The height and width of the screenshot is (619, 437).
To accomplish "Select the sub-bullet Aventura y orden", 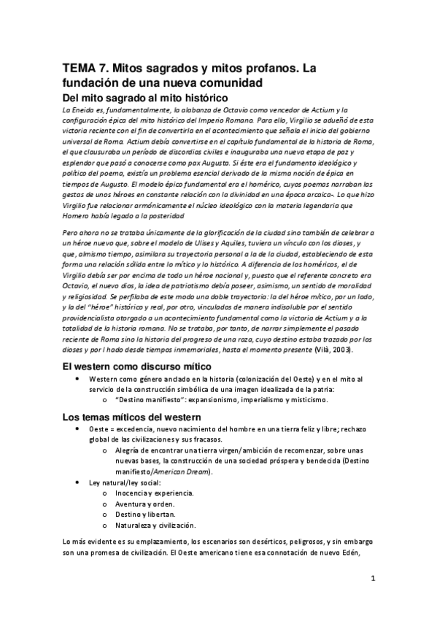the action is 142,504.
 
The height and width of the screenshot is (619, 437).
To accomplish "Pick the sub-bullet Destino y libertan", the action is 145,515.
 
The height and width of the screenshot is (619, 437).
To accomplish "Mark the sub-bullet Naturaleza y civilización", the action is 155,525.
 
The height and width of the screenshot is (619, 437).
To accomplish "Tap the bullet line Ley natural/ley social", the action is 124,482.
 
